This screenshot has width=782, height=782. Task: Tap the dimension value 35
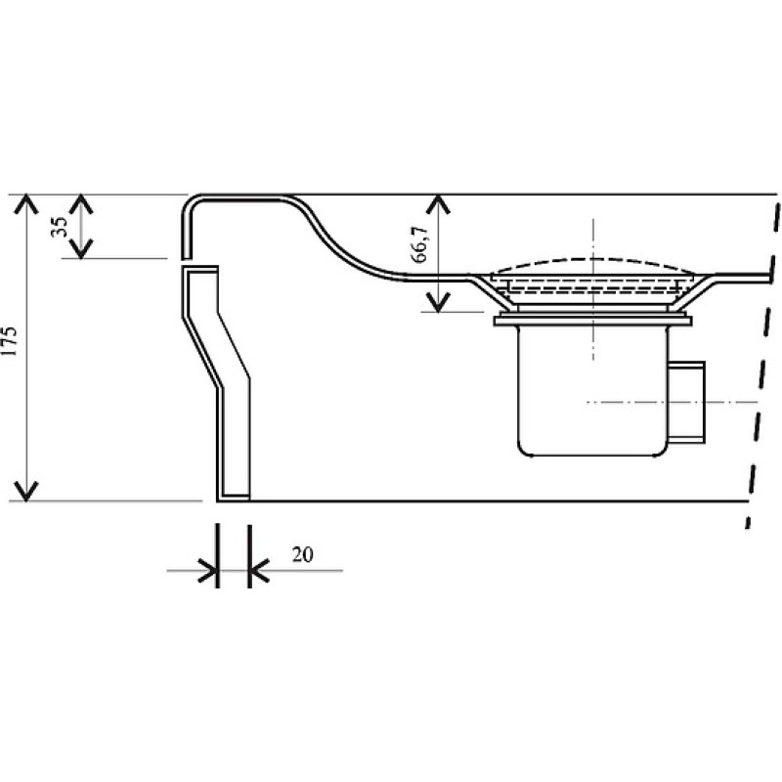(x=60, y=227)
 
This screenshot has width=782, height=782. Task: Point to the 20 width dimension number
(x=303, y=554)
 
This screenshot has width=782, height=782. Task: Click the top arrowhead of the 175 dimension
(x=25, y=203)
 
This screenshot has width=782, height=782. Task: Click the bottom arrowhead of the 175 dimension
(x=25, y=492)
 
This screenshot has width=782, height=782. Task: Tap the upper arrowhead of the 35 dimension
(x=81, y=203)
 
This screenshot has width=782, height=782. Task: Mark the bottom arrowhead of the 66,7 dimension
(x=437, y=303)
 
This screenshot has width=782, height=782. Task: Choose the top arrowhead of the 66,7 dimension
(x=437, y=203)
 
